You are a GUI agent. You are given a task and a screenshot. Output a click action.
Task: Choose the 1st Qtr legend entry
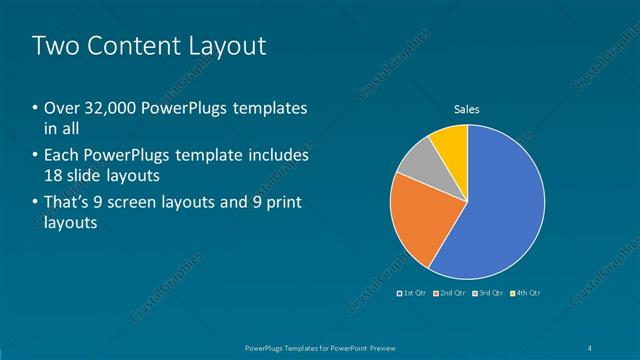coord(413,293)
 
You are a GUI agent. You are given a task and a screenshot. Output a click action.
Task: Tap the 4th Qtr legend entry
coord(525,293)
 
